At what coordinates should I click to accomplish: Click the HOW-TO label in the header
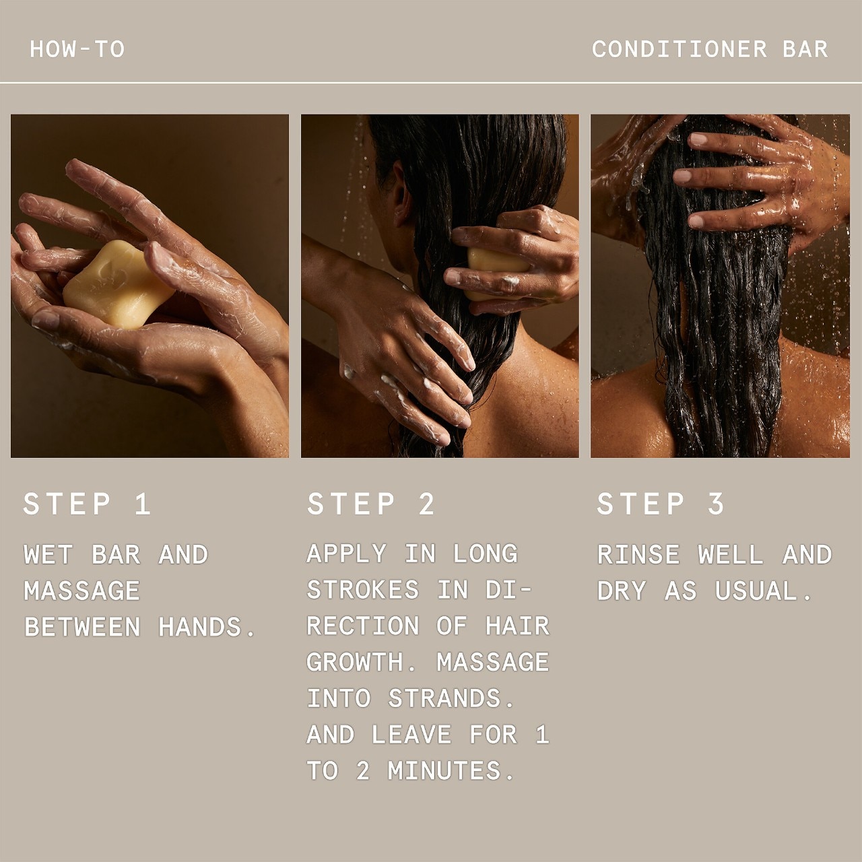77,49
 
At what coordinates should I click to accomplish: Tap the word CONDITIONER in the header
679,49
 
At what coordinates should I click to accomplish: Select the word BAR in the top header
805,49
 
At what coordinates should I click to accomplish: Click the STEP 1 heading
87,504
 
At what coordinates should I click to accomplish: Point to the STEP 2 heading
371,504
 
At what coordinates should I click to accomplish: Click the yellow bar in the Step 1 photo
117,283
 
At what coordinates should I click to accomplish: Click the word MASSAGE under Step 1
82,591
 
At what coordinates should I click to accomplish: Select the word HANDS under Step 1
207,627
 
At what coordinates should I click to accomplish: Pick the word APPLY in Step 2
346,554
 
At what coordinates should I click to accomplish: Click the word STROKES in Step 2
363,589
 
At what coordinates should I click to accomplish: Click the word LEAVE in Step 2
411,735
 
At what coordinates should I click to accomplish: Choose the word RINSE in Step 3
638,555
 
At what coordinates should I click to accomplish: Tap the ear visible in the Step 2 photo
402,195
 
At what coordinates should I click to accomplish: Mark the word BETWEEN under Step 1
82,627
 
